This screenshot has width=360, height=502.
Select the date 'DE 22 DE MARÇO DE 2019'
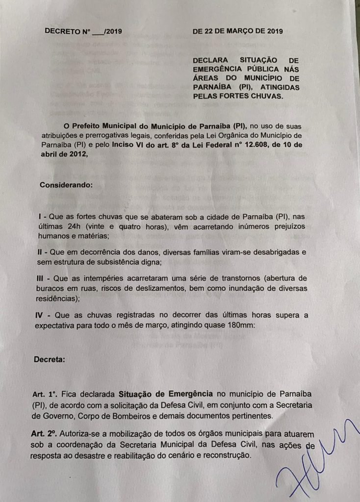[x=238, y=31]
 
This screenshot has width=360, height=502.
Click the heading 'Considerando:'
[x=65, y=186]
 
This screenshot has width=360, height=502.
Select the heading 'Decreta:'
[x=49, y=360]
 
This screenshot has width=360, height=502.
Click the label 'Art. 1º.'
[x=46, y=394]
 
